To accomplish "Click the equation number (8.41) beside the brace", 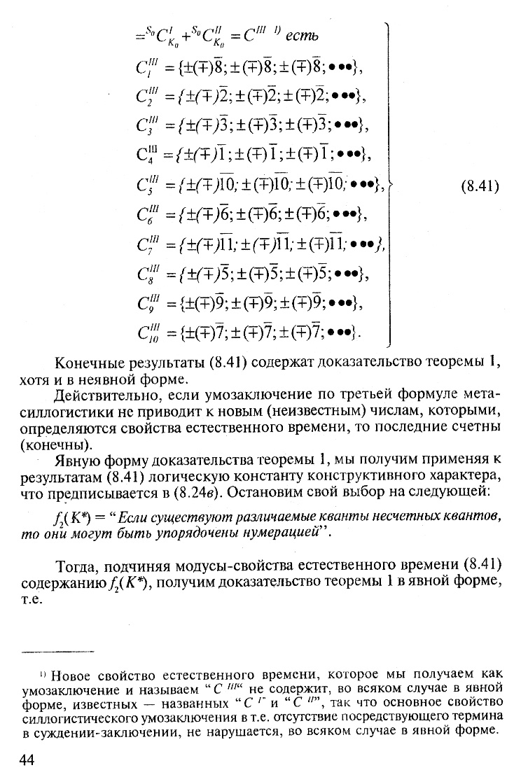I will click(x=479, y=187).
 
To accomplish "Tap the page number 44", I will click(x=32, y=761).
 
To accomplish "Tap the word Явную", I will click(x=77, y=460).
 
